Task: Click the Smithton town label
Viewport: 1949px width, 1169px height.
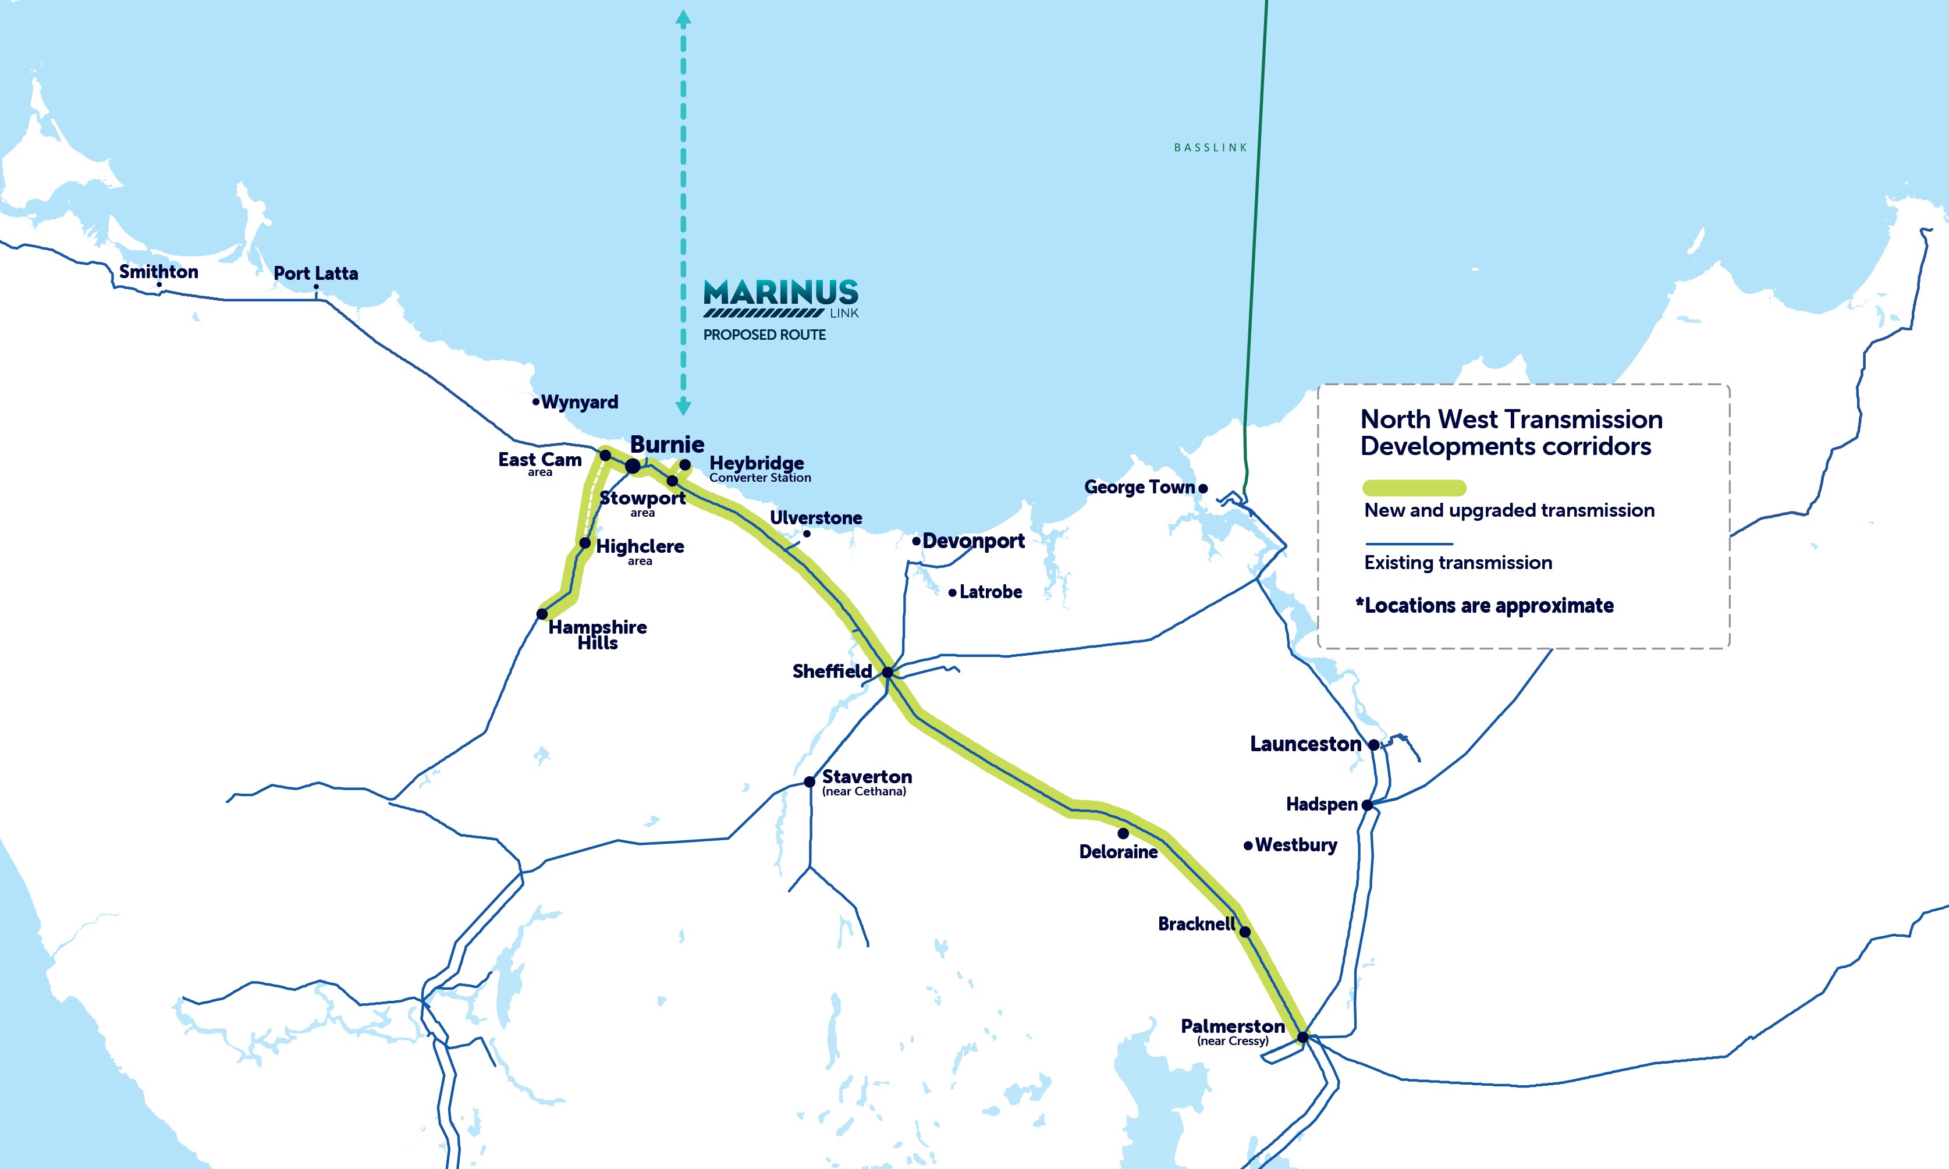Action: point(158,272)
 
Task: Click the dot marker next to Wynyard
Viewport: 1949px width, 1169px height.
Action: point(536,401)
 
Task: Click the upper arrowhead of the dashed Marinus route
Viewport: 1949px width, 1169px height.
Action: point(683,18)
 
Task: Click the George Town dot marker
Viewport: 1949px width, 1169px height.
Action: point(1203,488)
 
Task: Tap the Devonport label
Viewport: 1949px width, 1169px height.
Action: point(974,541)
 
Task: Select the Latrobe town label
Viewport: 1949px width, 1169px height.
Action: point(991,592)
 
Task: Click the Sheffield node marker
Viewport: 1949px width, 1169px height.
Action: point(887,672)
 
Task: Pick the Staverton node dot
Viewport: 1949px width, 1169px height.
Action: point(809,782)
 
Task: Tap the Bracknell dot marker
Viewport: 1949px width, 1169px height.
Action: point(1245,932)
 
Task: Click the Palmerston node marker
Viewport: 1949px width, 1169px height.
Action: point(1302,1037)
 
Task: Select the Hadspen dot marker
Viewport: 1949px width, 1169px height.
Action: point(1368,805)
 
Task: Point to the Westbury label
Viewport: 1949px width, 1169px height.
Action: point(1296,845)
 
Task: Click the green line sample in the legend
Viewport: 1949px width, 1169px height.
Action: point(1414,488)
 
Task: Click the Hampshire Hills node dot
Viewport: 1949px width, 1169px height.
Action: point(542,614)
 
